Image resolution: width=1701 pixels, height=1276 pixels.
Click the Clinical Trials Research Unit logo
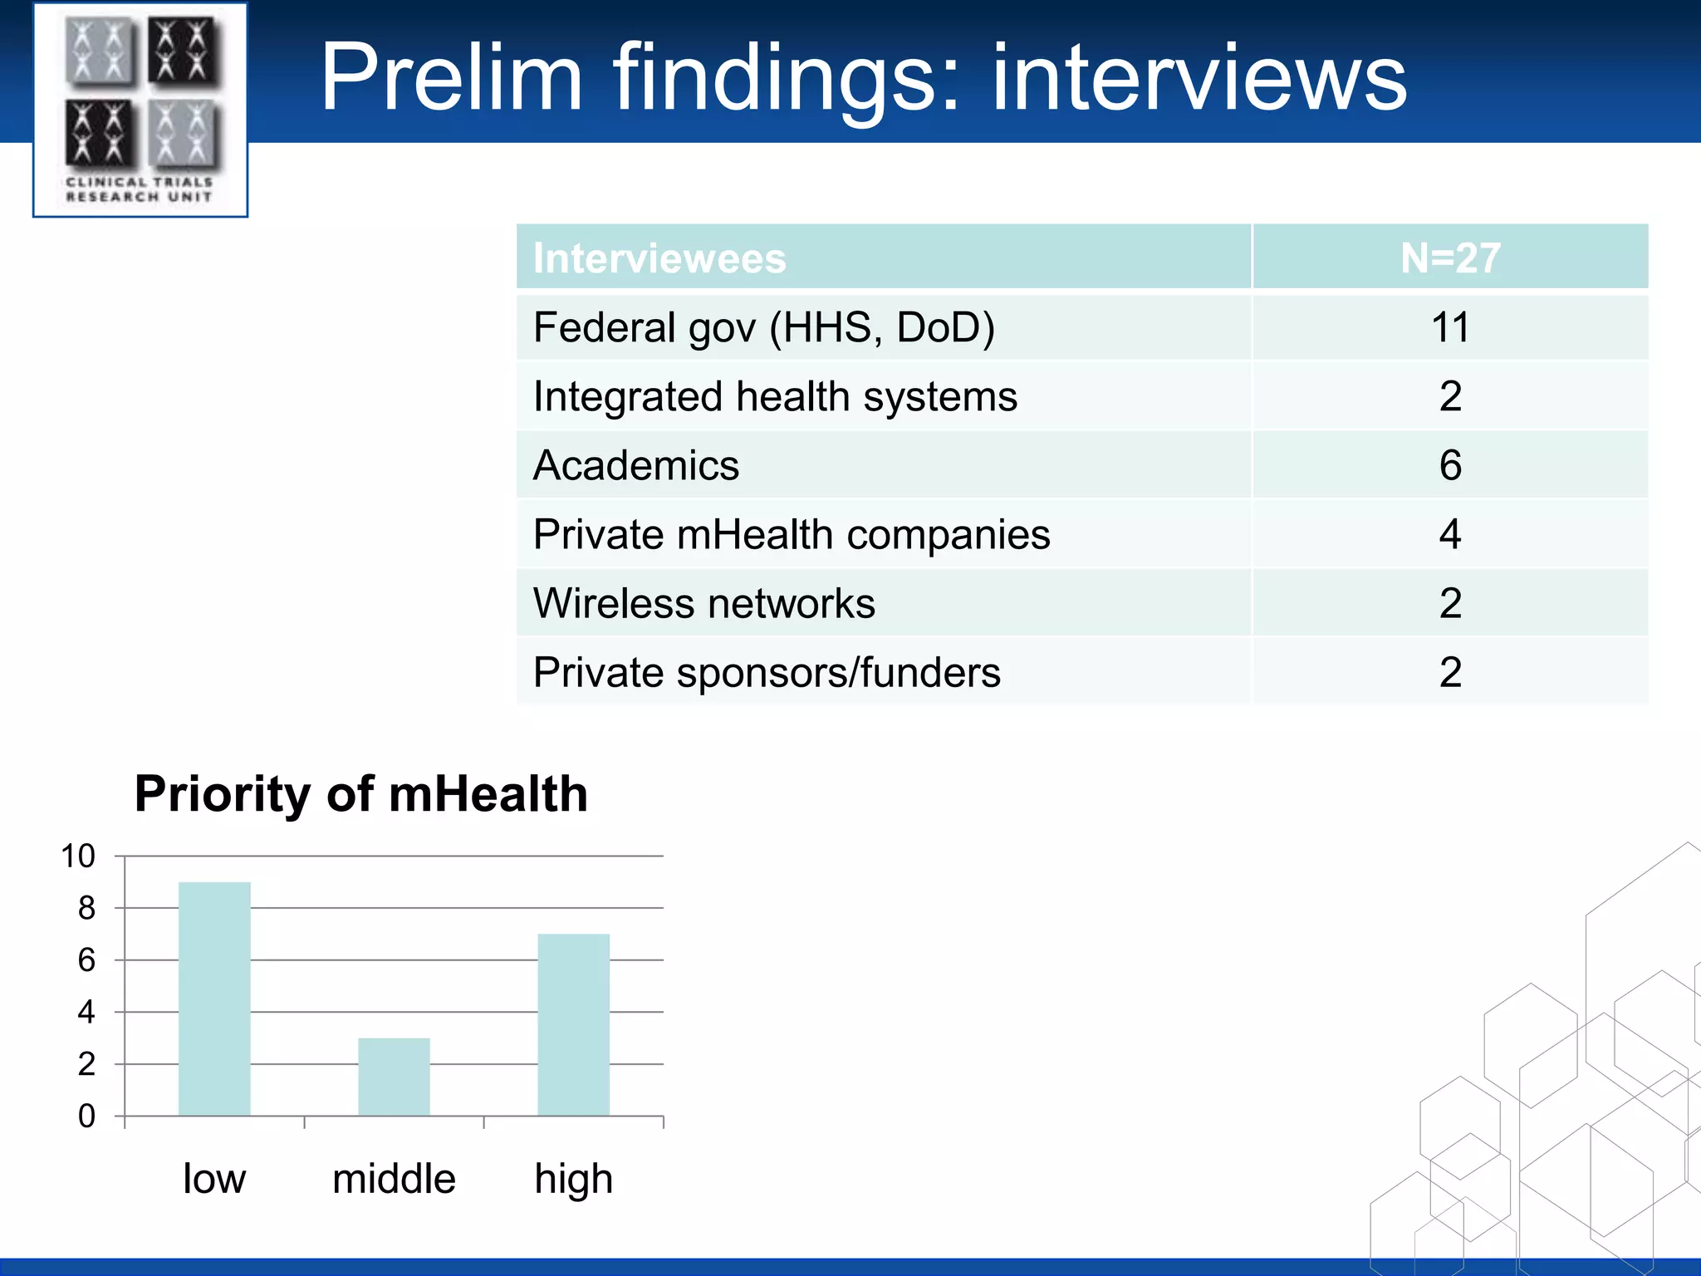pos(140,110)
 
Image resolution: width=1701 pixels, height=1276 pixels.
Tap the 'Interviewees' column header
pos(659,258)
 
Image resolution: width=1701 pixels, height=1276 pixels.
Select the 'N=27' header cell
pos(1450,258)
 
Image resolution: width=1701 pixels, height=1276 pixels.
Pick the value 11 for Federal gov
pos(1450,327)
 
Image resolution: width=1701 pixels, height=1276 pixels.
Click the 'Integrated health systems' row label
pos(775,396)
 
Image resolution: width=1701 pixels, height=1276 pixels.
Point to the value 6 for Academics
pos(1450,465)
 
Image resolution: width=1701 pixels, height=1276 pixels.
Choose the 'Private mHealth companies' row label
pos(791,534)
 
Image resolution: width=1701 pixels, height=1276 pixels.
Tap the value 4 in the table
pos(1450,534)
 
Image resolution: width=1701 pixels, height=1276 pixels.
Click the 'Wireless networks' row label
pos(703,603)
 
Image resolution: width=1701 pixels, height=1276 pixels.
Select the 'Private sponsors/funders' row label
pos(766,672)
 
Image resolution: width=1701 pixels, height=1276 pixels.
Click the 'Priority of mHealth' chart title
pos(361,793)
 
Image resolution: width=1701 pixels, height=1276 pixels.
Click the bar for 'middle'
pos(394,1077)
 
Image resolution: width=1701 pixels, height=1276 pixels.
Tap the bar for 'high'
pos(573,1024)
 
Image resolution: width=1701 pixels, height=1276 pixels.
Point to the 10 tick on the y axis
pos(78,856)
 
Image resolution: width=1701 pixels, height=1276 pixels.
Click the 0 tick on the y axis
pos(86,1116)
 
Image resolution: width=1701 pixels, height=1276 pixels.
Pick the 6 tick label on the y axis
pos(86,960)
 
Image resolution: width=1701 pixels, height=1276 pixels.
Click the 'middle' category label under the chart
pos(394,1179)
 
